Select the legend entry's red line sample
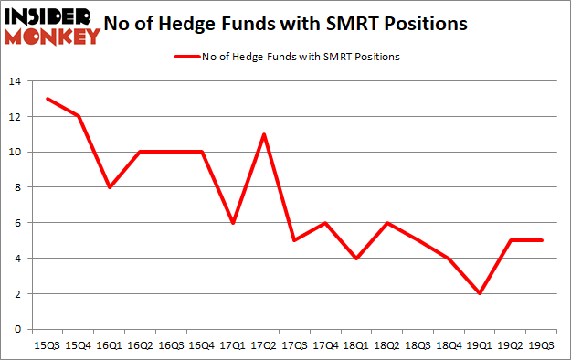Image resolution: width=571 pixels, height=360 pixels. point(188,57)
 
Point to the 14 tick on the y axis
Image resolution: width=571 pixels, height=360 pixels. point(16,81)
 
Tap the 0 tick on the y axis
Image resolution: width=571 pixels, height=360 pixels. point(18,330)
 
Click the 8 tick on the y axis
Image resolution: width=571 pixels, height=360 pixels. point(18,187)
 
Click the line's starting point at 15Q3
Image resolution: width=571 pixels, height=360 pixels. point(48,99)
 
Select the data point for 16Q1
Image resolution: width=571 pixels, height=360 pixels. point(110,187)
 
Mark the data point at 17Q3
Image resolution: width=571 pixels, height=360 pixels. point(293,240)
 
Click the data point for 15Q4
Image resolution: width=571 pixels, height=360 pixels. point(79,116)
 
